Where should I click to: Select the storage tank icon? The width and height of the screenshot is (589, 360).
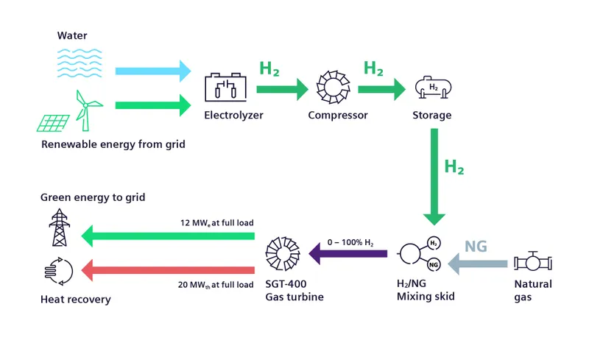pyautogui.click(x=432, y=88)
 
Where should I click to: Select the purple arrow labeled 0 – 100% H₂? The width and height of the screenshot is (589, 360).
pyautogui.click(x=348, y=254)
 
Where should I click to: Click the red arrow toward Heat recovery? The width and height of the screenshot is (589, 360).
pyautogui.click(x=168, y=270)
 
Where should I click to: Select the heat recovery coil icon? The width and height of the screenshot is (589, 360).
pyautogui.click(x=57, y=270)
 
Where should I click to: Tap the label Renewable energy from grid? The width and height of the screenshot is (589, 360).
pyautogui.click(x=113, y=144)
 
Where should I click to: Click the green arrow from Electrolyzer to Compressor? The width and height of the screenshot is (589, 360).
pyautogui.click(x=282, y=91)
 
